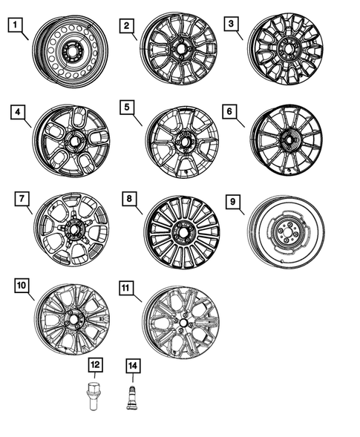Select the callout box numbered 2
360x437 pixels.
(128, 27)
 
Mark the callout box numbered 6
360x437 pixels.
(230, 111)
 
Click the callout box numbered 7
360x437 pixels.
(22, 198)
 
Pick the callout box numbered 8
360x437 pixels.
(128, 198)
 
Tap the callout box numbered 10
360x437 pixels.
(22, 285)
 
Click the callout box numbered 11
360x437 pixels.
(128, 285)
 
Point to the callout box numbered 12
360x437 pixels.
(96, 365)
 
